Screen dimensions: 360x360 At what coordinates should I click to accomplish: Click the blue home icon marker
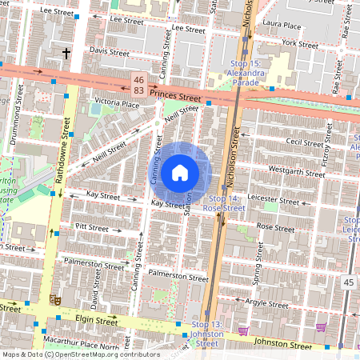click(180, 173)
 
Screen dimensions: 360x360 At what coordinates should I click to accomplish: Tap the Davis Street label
click(110, 51)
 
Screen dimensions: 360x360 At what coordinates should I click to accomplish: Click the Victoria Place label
click(118, 102)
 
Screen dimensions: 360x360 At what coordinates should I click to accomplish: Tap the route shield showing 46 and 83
click(139, 86)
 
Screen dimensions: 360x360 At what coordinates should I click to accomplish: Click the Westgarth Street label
click(297, 170)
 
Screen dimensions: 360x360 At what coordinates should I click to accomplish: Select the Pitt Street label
click(91, 228)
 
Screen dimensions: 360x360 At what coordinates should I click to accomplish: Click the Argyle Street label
click(266, 303)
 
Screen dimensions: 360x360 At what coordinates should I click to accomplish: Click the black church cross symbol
click(66, 53)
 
